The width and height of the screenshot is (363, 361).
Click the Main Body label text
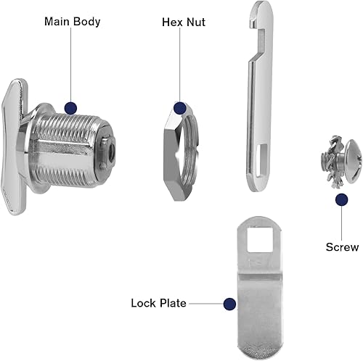coord(72,22)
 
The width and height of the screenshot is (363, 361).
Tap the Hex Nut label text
coord(184,22)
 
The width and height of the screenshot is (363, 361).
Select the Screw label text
coord(342,247)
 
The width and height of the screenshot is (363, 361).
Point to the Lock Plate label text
coord(158,303)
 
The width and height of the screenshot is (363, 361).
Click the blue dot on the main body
coord(71,108)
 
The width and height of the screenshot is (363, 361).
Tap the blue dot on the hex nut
coord(180,108)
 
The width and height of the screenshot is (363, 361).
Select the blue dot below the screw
coord(342,200)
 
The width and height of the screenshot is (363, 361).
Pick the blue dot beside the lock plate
coord(229,304)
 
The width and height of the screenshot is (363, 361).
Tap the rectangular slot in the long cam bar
coord(261,158)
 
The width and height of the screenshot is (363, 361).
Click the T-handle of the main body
coord(13,147)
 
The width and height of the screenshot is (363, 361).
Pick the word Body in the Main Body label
coord(86,22)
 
